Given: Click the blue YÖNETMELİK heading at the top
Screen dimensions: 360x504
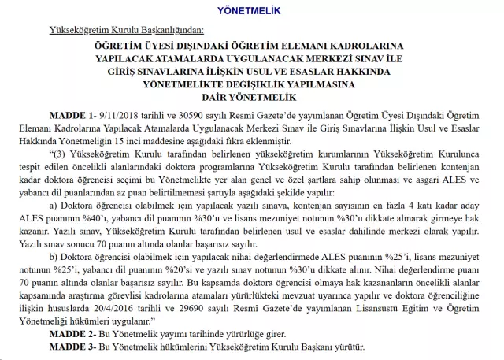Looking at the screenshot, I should point(251,9).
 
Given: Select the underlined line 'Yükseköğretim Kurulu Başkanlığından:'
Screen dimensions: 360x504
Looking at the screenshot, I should point(125,31).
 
